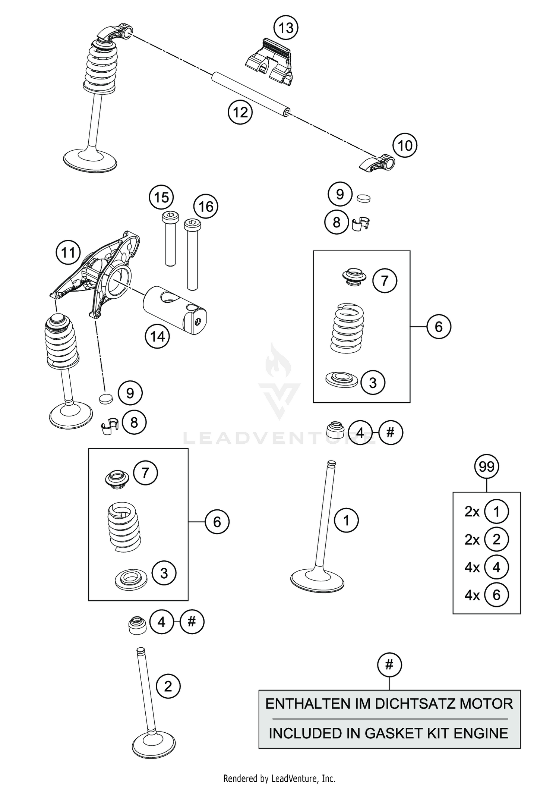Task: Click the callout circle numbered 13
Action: pos(286,28)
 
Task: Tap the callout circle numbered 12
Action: pos(240,112)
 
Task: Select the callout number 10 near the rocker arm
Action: pos(405,145)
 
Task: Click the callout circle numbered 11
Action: pos(68,253)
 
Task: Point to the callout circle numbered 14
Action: pos(157,337)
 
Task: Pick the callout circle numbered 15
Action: pos(161,197)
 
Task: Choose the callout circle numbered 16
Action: pos(206,207)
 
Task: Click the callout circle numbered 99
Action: pos(486,466)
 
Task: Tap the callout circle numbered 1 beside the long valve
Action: pos(346,520)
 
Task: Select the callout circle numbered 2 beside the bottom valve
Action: pos(168,686)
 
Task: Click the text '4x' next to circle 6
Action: pos(472,595)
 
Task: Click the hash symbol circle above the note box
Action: pos(389,664)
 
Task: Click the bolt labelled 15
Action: pos(170,239)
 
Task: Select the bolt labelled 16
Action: pos(192,254)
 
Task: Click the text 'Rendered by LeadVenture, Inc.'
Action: pos(279,778)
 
